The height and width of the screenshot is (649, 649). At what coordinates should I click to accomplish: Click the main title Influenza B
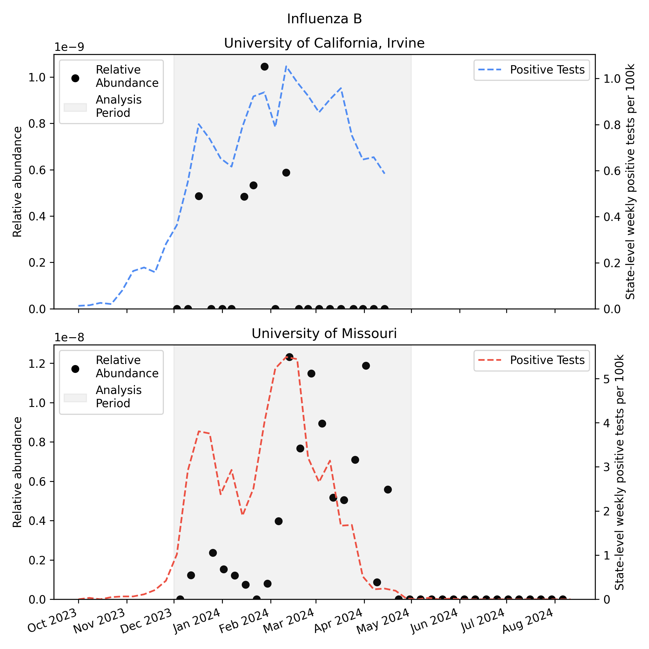click(x=324, y=19)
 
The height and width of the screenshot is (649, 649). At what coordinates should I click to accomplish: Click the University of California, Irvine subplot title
click(x=324, y=43)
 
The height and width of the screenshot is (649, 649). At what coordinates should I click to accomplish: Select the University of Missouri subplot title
click(x=324, y=334)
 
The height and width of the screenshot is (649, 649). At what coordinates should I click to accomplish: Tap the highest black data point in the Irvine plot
click(x=264, y=67)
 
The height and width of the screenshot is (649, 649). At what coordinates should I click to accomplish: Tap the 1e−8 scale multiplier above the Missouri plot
click(x=69, y=337)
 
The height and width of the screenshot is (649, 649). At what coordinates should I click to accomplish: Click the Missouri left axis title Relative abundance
click(x=18, y=472)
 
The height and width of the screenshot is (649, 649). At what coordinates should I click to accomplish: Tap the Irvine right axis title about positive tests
click(x=630, y=181)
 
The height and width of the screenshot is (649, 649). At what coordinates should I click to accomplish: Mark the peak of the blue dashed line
click(x=286, y=67)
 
